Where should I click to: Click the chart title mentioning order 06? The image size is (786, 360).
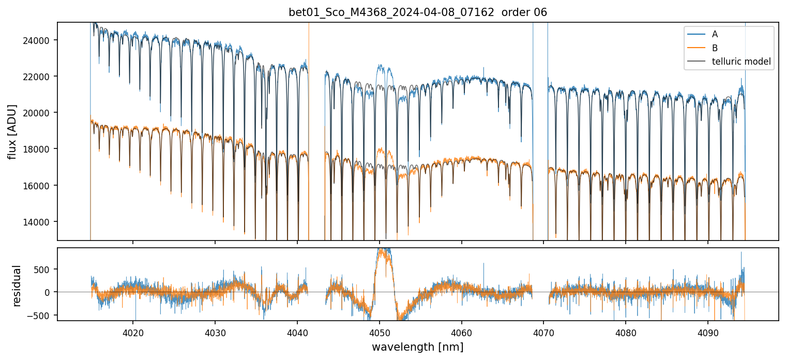click(x=417, y=12)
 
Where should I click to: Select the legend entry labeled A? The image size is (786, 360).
click(x=715, y=34)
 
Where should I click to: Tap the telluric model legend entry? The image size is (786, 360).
click(x=741, y=62)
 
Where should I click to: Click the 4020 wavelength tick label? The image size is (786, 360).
click(x=133, y=332)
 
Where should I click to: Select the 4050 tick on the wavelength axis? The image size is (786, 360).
click(x=380, y=332)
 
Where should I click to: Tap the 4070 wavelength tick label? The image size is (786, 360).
click(x=543, y=332)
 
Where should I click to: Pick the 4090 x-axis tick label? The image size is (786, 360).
click(x=708, y=332)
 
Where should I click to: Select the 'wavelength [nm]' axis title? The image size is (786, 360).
click(x=417, y=347)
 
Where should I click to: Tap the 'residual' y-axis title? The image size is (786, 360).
click(x=17, y=285)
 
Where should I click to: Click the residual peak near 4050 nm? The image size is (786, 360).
click(x=383, y=251)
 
